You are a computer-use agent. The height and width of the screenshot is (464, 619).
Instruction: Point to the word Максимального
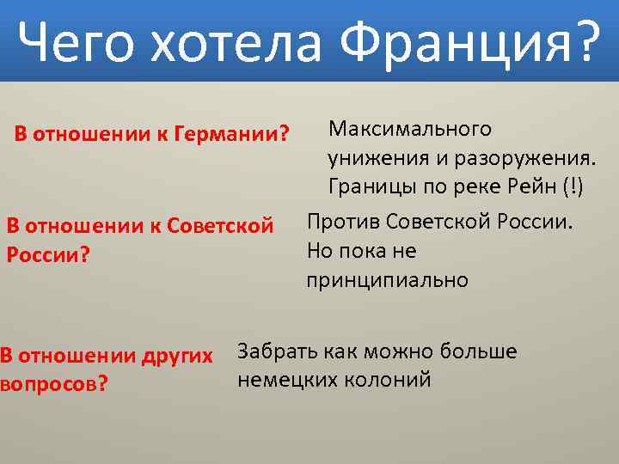coord(409,130)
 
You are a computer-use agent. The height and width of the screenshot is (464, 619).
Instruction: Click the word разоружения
coord(527,158)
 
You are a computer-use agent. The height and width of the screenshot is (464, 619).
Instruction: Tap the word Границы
coord(366,186)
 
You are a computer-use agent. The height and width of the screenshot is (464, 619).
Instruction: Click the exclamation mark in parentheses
coord(571,186)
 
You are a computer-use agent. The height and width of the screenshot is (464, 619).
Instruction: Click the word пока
coord(364,251)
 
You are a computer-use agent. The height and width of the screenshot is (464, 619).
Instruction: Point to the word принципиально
coord(387,280)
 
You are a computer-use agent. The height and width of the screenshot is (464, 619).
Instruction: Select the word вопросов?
coord(53,383)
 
